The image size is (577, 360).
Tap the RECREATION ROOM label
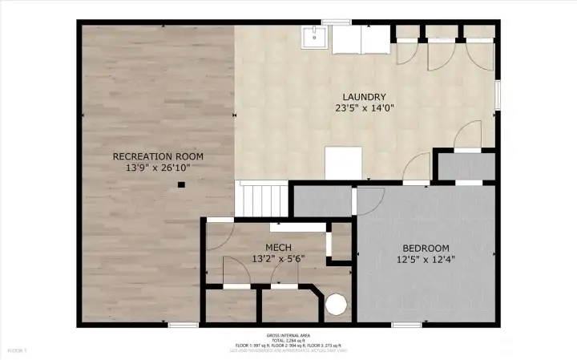157,156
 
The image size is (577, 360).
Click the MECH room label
278,247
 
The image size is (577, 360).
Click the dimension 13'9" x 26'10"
157,168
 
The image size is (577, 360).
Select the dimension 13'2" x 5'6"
278,259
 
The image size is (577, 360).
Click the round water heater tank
337,305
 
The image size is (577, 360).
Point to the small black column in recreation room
181,184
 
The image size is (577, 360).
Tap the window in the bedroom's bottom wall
406,325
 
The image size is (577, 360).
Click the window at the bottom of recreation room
184,325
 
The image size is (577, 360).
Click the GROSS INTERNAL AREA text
288,335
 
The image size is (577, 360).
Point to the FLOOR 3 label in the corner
17,350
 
